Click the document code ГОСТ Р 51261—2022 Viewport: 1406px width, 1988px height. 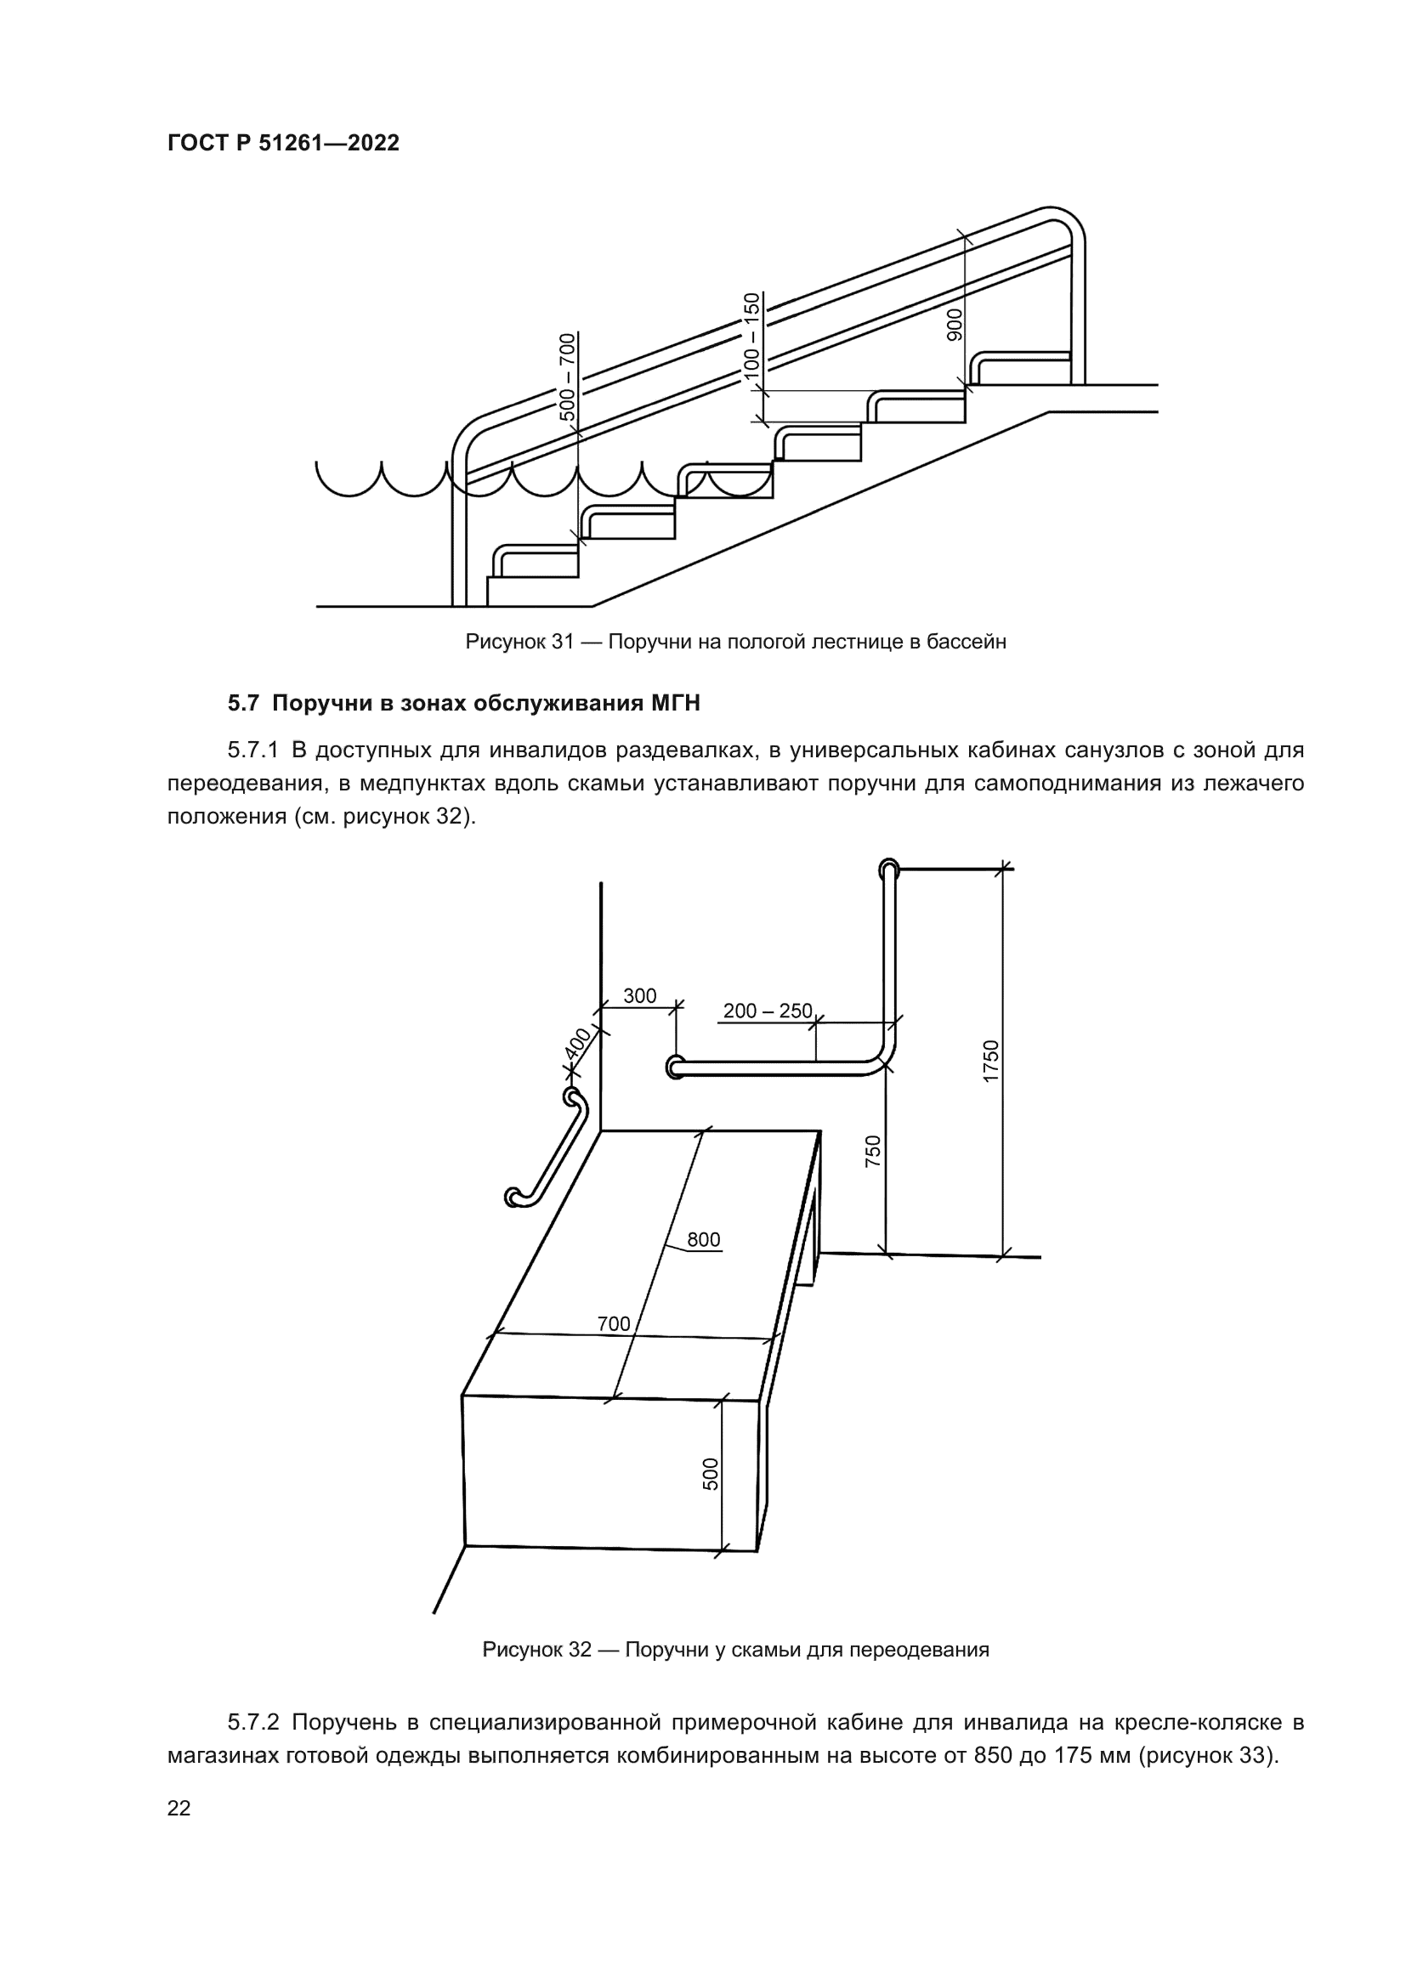click(283, 144)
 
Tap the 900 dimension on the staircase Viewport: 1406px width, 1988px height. click(954, 325)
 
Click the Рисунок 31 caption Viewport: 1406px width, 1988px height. click(735, 642)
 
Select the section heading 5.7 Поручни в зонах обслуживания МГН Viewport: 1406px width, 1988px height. click(463, 703)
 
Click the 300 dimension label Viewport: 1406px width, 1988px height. click(640, 996)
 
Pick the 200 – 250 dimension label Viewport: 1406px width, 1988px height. click(767, 1011)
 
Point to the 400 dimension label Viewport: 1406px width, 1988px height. click(577, 1045)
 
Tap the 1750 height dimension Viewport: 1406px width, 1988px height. click(991, 1061)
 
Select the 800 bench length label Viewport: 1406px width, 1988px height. click(703, 1240)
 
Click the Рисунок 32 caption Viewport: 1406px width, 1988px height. click(735, 1649)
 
